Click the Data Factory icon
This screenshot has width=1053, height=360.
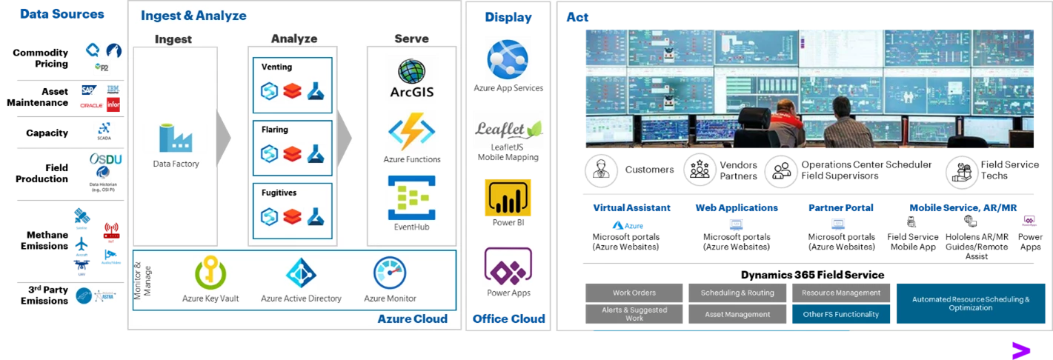[176, 139]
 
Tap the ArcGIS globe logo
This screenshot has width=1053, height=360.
[411, 72]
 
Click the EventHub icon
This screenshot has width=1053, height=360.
[411, 197]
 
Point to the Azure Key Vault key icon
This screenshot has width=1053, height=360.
[210, 273]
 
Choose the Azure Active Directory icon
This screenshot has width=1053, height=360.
[301, 273]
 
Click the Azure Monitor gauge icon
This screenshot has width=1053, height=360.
[390, 273]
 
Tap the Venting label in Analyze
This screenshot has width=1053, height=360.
[277, 67]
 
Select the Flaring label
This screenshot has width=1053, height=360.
[275, 130]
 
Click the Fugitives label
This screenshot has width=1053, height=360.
[279, 193]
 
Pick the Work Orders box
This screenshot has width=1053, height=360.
[634, 293]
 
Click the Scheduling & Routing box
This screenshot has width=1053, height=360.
[737, 293]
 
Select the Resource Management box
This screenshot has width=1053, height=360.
[841, 293]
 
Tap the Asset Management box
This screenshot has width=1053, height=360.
[737, 314]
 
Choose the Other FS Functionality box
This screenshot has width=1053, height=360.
[841, 314]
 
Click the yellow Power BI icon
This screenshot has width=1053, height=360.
[508, 197]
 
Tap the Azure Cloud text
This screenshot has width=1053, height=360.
[412, 319]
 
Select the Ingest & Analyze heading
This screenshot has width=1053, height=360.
[193, 16]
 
